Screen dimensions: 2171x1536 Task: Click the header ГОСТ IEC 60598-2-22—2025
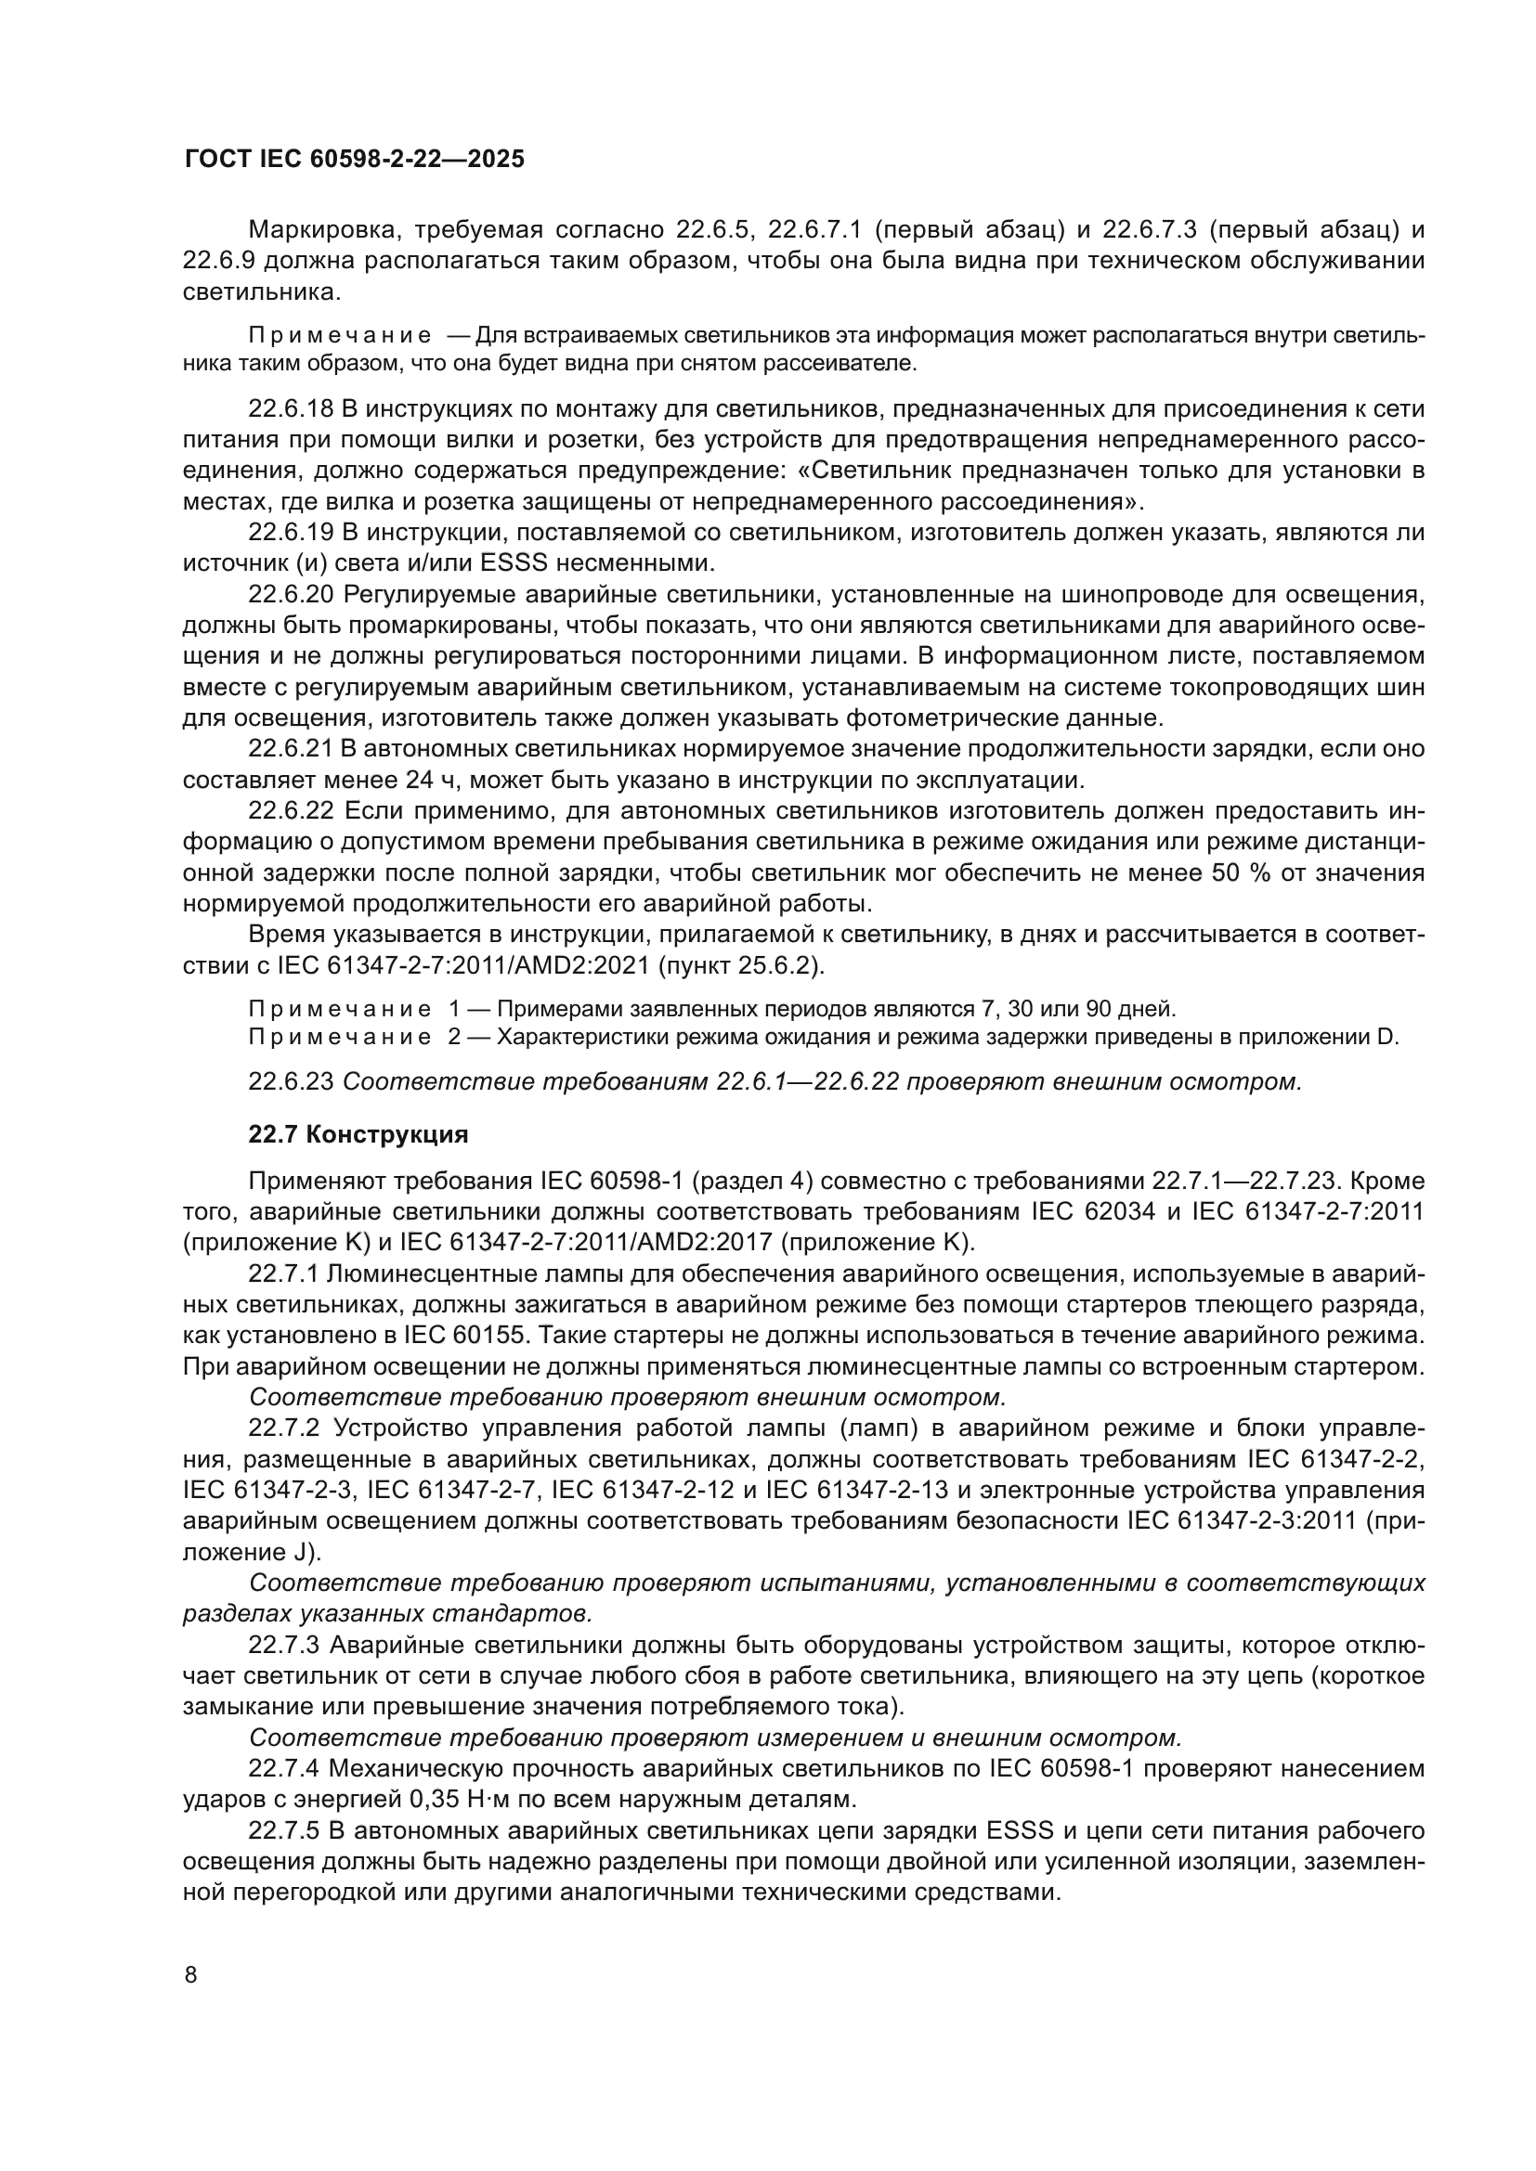pyautogui.click(x=354, y=160)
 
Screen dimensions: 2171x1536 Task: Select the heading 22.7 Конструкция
pyautogui.click(x=358, y=1134)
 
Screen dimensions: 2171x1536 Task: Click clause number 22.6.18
pyautogui.click(x=291, y=409)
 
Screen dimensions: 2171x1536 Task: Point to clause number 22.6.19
pyautogui.click(x=291, y=533)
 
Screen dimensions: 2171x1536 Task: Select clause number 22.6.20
pyautogui.click(x=291, y=595)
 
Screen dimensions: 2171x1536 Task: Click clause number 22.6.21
pyautogui.click(x=291, y=749)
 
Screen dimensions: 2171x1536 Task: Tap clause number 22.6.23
pyautogui.click(x=291, y=1081)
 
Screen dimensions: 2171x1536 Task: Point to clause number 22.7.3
pyautogui.click(x=285, y=1646)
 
